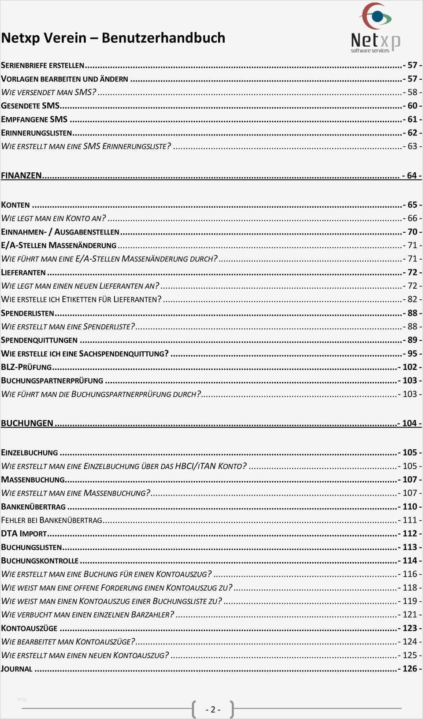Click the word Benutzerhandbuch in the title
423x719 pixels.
[x=163, y=38]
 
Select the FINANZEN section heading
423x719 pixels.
[x=21, y=175]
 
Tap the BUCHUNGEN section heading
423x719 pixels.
[x=27, y=423]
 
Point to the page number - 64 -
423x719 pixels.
[x=412, y=175]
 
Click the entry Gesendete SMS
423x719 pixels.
[x=30, y=106]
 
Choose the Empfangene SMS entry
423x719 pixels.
[x=34, y=119]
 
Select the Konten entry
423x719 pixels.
[x=15, y=205]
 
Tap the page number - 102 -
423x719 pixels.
[x=409, y=367]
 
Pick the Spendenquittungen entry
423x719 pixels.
[x=39, y=340]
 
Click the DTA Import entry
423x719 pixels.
[x=24, y=534]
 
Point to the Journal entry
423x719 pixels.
[x=17, y=669]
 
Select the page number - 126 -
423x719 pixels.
[x=409, y=669]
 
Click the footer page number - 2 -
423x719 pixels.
[x=213, y=709]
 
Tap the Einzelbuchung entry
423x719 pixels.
[x=30, y=453]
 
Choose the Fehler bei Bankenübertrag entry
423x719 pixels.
[x=52, y=520]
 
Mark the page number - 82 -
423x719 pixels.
[x=412, y=299]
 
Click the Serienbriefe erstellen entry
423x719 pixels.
[x=42, y=65]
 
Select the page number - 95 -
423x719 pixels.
[x=412, y=354]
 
